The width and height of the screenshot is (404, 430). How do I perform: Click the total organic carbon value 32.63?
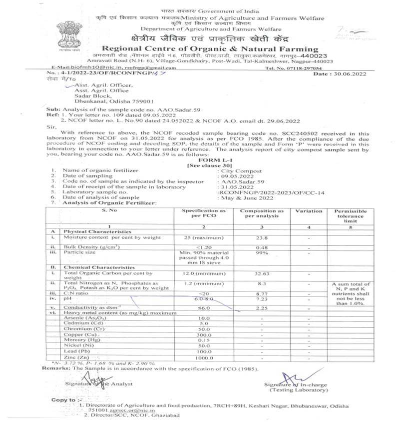point(262,274)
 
